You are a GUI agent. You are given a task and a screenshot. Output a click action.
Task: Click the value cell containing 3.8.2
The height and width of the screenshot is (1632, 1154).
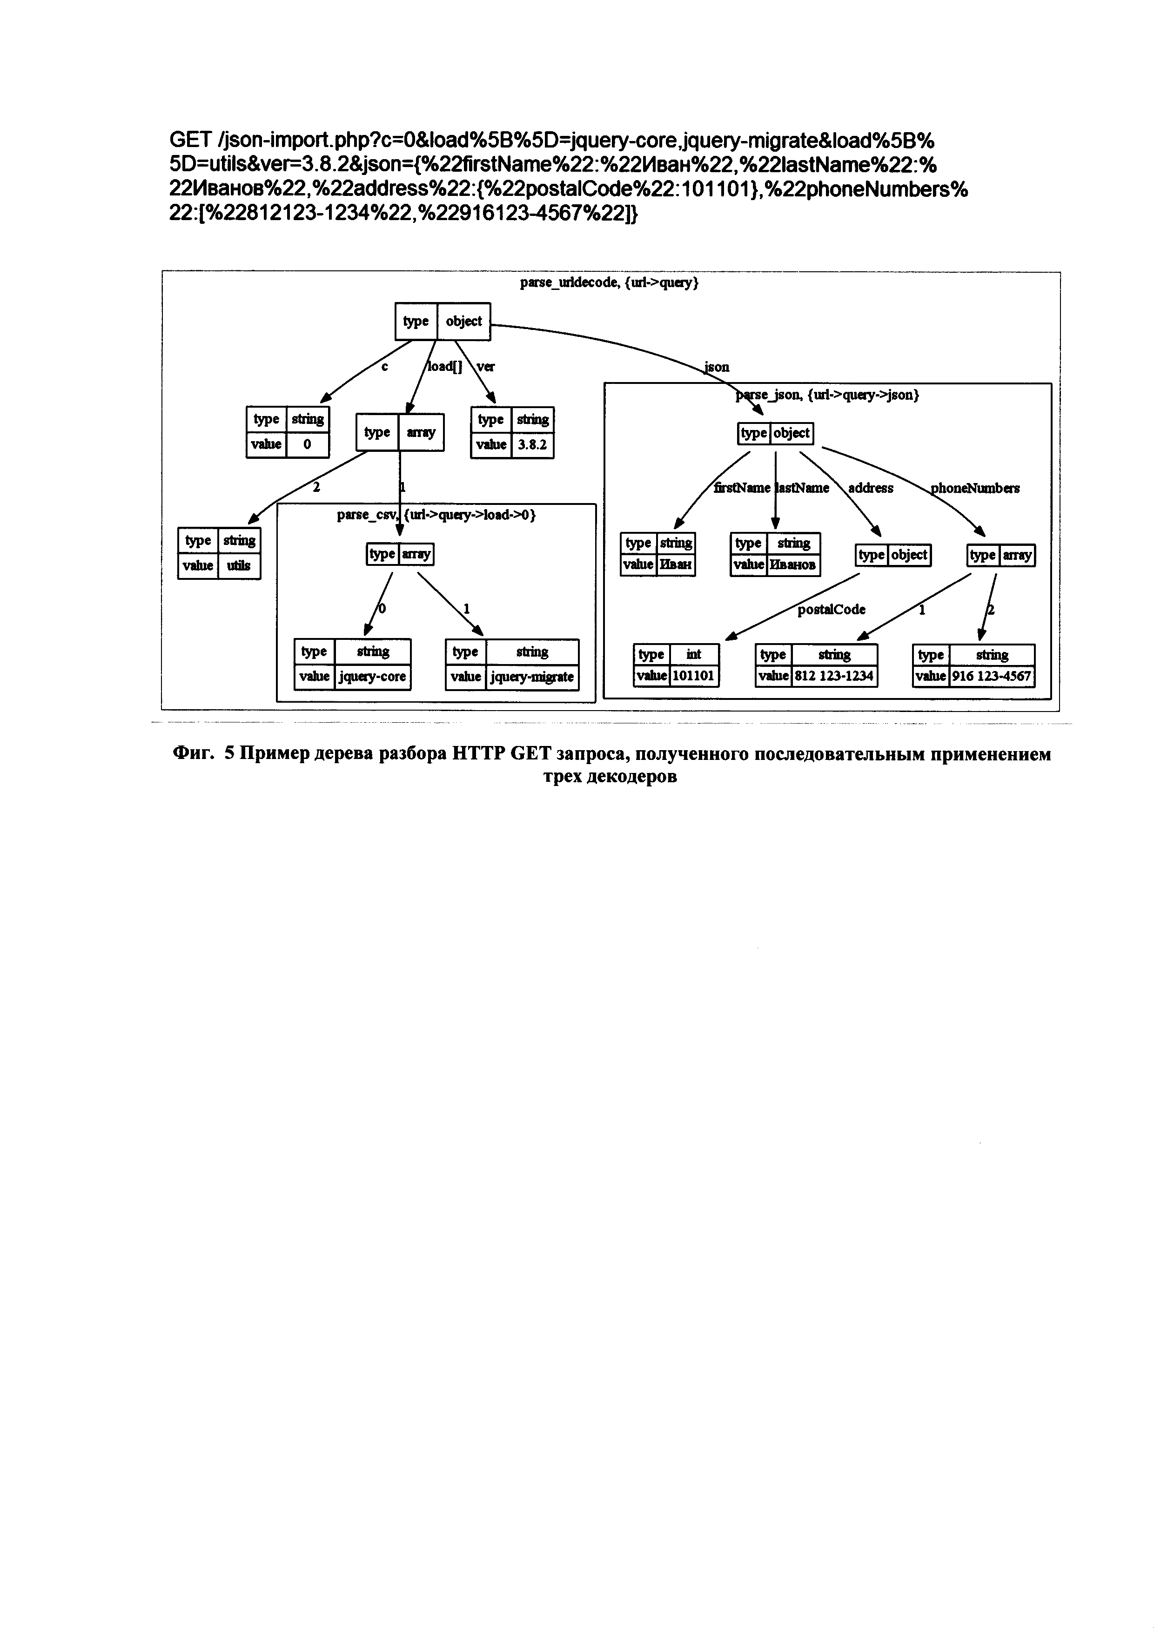coord(532,445)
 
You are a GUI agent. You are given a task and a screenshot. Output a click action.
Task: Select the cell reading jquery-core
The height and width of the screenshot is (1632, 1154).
coord(372,676)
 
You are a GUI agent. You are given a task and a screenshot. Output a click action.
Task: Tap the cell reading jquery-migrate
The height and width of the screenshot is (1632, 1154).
coord(532,676)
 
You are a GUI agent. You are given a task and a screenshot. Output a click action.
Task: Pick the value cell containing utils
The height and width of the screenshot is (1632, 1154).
coord(239,566)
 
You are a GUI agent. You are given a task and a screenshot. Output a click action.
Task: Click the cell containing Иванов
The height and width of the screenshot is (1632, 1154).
coord(793,564)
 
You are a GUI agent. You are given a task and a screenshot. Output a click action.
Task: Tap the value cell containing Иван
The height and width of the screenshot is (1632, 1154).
coord(676,564)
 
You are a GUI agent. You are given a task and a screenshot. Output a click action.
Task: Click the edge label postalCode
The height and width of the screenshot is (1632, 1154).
coord(832,609)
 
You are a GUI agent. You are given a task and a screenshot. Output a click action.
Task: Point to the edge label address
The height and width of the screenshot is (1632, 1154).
coord(871,488)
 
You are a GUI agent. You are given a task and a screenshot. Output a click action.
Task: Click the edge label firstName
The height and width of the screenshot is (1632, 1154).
coord(742,488)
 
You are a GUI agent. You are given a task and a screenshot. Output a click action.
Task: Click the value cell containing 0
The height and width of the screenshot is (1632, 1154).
coord(307,444)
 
